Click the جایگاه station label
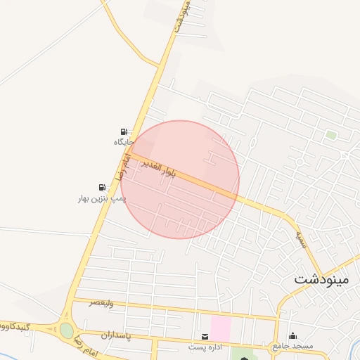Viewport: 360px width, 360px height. [123, 143]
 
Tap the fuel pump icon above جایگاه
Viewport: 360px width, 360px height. [124, 131]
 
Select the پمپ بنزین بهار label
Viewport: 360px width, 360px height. [102, 199]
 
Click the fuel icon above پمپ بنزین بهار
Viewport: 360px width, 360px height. [103, 187]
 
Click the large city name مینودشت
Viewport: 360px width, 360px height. [321, 278]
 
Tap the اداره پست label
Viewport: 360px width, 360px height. [205, 347]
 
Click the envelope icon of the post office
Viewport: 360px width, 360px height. [205, 337]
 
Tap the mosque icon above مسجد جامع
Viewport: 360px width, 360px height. [292, 336]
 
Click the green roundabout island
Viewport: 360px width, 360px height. [66, 330]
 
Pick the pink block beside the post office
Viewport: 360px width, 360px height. [221, 328]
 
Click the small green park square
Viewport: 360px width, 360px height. [330, 135]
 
